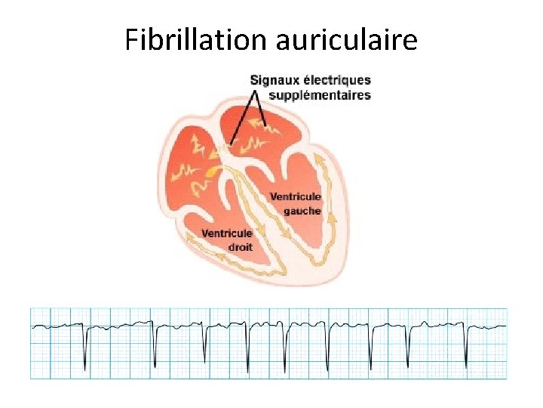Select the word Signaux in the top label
276,80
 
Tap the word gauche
302,211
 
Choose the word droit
240,246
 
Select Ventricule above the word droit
227,233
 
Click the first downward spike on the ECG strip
84,355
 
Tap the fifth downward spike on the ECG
285,354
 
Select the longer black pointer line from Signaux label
243,117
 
